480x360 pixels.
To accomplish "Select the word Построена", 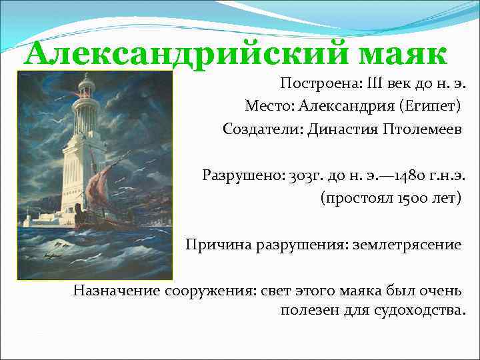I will pyautogui.click(x=316, y=84).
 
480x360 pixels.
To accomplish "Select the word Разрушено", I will pyautogui.click(x=243, y=176).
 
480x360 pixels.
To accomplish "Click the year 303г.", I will pyautogui.click(x=305, y=176).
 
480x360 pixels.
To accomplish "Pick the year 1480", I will pyautogui.click(x=410, y=176).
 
